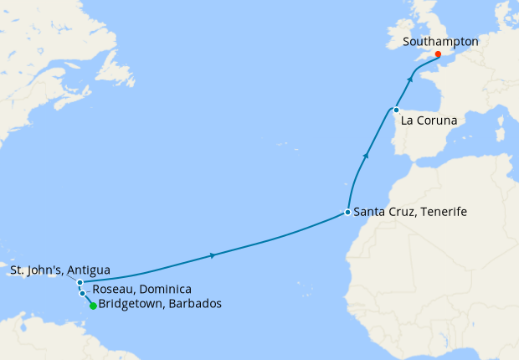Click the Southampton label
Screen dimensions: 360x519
point(439,40)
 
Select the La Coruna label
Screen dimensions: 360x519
point(429,121)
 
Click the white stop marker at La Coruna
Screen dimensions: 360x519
point(396,110)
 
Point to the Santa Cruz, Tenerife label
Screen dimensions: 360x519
point(410,213)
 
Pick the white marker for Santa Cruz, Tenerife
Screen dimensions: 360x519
point(347,213)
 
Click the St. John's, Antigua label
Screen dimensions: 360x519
point(60,270)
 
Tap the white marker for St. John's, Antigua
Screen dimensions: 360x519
point(80,283)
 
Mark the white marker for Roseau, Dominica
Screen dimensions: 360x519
point(83,293)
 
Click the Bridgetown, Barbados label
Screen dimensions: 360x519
point(160,304)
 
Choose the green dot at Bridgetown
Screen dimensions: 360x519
point(93,306)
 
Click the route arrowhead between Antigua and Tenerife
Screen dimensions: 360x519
point(213,255)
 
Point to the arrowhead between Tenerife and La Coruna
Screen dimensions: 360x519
point(365,156)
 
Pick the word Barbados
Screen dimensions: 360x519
point(194,304)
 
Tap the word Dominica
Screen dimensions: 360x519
point(165,289)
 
